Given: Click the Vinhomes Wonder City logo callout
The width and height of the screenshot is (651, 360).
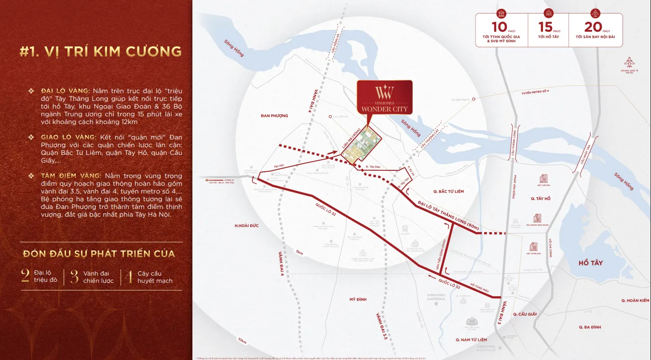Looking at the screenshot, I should coord(384,97).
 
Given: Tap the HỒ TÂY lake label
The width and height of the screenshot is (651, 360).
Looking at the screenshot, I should coord(590,263).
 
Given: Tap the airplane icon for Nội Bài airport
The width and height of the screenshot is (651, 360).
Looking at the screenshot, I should coord(628,62).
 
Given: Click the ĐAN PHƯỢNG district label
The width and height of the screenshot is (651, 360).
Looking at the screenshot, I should coord(274,116).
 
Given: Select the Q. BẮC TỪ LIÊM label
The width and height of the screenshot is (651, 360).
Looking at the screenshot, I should coord(448,192).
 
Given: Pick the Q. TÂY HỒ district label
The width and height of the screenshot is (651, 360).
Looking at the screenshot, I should coord(541,198).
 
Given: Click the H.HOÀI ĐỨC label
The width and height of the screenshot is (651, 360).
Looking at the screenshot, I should coord(246,226).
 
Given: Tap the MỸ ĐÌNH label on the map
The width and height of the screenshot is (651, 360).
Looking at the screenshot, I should coord(358,300).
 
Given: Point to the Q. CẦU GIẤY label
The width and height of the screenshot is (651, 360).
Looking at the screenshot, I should coord(525,314).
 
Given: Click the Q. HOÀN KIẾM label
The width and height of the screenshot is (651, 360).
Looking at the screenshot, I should coord(635,300).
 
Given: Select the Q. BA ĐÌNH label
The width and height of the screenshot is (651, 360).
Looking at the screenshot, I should coord(590,327).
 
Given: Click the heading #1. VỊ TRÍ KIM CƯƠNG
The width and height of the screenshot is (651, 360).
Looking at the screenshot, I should coord(101,51).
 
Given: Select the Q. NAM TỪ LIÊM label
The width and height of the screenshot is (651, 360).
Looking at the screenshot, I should coord(471,340).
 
